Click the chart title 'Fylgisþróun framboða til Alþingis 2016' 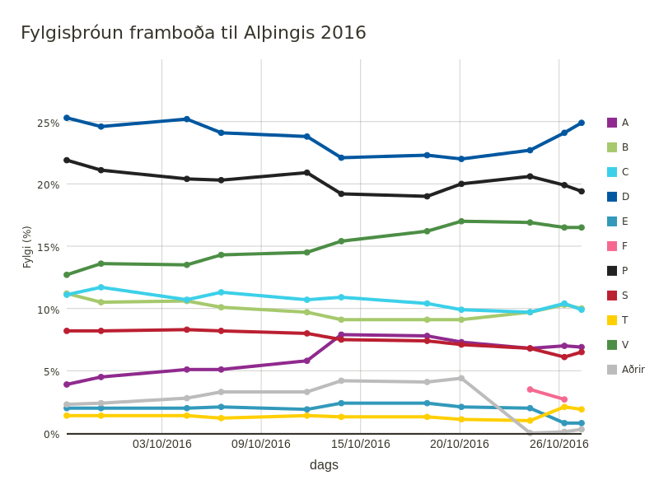click(194, 33)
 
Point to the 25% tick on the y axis click(49, 123)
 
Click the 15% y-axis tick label click(49, 247)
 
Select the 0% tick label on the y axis click(51, 434)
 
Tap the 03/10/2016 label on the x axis click(162, 445)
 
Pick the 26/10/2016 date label click(559, 445)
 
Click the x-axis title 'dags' click(324, 465)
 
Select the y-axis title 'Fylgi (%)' click(27, 247)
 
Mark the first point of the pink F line click(530, 389)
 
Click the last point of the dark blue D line click(582, 123)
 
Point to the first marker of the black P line click(67, 160)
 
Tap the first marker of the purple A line click(67, 384)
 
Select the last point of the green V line click(582, 227)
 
